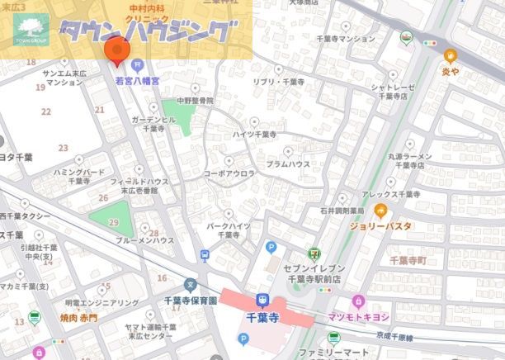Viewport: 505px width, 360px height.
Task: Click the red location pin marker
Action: click(x=115, y=50)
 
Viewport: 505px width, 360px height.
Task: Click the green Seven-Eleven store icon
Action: click(x=314, y=254)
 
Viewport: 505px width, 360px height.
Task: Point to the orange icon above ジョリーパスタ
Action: click(x=380, y=210)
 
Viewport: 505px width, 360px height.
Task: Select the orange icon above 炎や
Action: click(x=450, y=56)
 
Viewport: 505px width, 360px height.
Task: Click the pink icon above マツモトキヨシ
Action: click(x=357, y=301)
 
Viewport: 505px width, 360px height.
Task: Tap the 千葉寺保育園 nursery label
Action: click(x=191, y=301)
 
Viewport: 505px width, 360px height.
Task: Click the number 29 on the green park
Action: click(x=113, y=223)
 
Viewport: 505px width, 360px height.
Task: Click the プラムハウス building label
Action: click(x=288, y=165)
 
